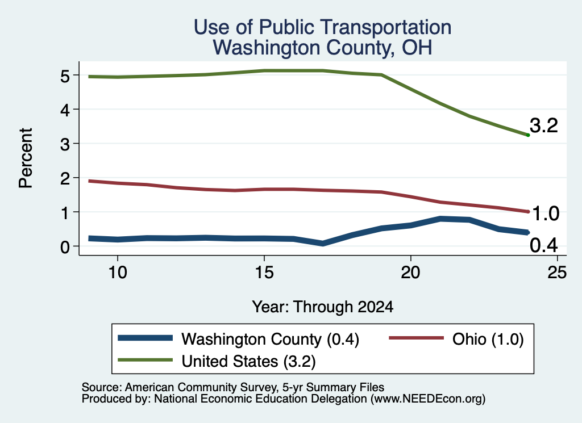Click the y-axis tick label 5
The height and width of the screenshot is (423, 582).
(65, 77)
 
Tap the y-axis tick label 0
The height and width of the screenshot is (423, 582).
(65, 247)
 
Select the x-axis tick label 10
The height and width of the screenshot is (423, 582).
(118, 273)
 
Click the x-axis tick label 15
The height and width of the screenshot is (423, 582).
(264, 273)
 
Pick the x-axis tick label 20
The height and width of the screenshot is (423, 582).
(410, 273)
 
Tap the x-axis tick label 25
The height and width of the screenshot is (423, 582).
(557, 273)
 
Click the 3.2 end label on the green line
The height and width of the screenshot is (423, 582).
(544, 125)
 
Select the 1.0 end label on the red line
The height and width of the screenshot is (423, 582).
(546, 214)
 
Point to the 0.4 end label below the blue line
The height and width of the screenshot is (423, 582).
(544, 245)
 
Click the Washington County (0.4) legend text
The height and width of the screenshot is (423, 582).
(270, 339)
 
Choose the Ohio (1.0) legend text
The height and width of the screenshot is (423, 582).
(488, 339)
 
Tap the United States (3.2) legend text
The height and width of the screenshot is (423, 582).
(248, 361)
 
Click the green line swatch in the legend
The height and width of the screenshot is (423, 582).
(145, 360)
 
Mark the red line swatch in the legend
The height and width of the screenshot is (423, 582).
(416, 338)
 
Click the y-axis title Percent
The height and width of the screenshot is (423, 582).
(26, 158)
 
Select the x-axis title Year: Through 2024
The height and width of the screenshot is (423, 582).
(323, 307)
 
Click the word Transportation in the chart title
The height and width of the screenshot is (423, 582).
(355, 27)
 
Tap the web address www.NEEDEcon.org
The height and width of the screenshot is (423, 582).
(428, 399)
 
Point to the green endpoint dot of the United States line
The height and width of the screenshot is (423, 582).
(528, 135)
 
